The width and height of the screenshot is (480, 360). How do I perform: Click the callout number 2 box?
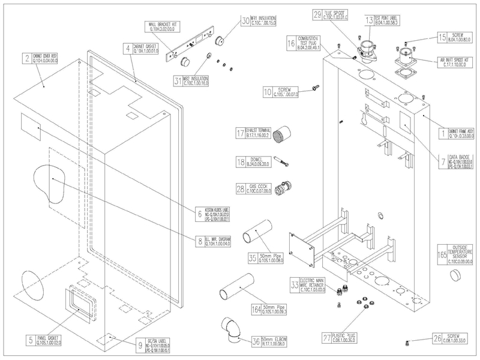click(x=27, y=58)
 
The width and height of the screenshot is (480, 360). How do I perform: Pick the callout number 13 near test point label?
click(x=369, y=20)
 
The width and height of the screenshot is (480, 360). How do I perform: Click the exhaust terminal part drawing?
click(x=281, y=136)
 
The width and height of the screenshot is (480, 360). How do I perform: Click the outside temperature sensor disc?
click(x=458, y=275)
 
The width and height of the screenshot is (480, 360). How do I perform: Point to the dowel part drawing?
click(x=282, y=160)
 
